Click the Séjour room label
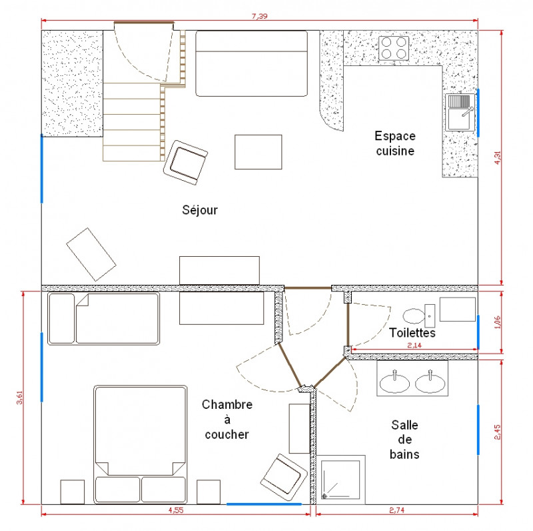pyautogui.click(x=200, y=210)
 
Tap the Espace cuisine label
pyautogui.click(x=394, y=143)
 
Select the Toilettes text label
pyautogui.click(x=412, y=332)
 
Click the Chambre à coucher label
pyautogui.click(x=227, y=420)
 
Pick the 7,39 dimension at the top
pyautogui.click(x=260, y=17)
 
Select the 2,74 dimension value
pyautogui.click(x=398, y=510)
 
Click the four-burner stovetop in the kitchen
pyautogui.click(x=394, y=49)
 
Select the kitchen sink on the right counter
pyautogui.click(x=460, y=112)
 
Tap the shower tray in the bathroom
pyautogui.click(x=342, y=479)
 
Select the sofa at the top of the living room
pyautogui.click(x=251, y=63)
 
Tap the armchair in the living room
pyautogui.click(x=185, y=161)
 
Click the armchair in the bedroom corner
pyautogui.click(x=282, y=476)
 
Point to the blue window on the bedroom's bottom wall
pyautogui.click(x=264, y=504)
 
